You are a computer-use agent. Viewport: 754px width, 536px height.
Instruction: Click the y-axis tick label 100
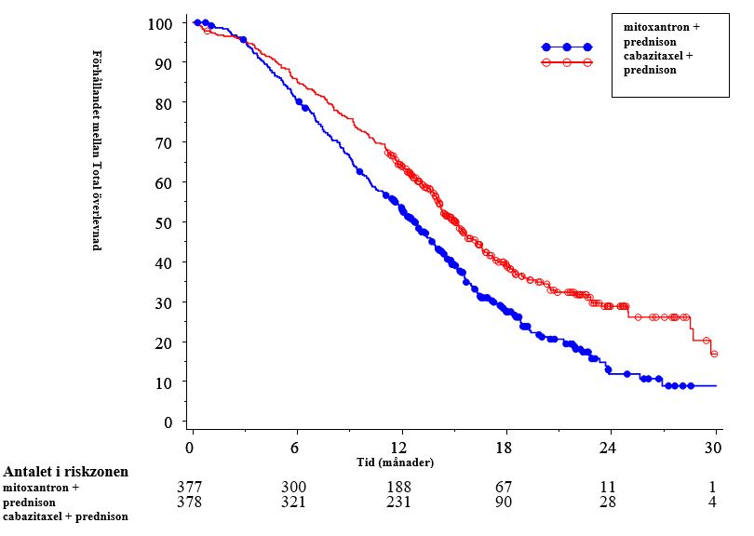(161, 22)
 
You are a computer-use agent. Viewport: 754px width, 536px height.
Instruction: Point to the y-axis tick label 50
(165, 222)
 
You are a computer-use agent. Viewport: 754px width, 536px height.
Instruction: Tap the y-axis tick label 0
(168, 422)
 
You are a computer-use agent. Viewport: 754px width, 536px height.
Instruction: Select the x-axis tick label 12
(401, 447)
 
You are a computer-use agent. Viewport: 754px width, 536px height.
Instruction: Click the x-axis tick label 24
(610, 447)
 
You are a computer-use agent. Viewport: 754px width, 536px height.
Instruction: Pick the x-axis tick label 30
(715, 447)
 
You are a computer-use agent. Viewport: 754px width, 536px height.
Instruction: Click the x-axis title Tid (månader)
(396, 462)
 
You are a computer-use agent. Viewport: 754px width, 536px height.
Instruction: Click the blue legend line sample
(567, 47)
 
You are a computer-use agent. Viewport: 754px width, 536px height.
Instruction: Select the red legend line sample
(567, 62)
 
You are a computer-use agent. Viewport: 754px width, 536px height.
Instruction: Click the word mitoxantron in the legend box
(656, 27)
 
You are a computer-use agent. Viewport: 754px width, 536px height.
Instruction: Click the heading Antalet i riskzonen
(66, 472)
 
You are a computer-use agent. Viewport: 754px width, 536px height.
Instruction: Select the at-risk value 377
(190, 487)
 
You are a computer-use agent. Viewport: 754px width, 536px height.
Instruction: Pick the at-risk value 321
(294, 502)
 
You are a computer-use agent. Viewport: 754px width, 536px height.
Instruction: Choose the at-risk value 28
(609, 502)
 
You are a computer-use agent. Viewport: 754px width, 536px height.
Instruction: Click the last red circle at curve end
(714, 354)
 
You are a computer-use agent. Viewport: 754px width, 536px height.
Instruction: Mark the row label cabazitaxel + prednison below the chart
(65, 516)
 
